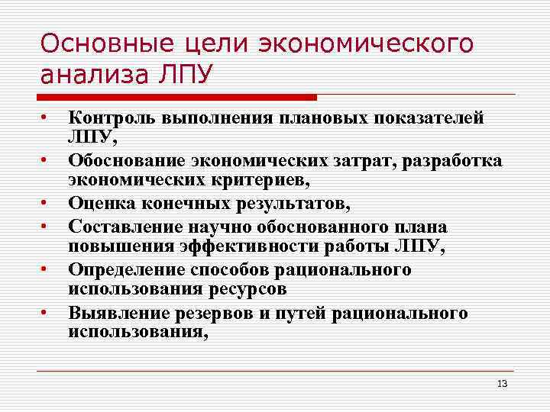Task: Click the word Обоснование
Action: pos(123,161)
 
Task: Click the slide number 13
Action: pos(501,383)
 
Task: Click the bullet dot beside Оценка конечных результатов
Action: pos(47,204)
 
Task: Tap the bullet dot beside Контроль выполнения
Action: pos(47,117)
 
